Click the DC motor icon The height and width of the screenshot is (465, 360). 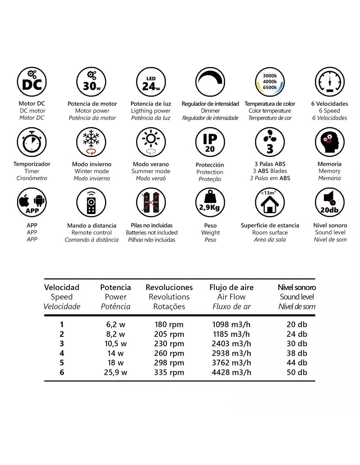(32, 82)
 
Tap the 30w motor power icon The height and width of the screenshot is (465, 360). (91, 82)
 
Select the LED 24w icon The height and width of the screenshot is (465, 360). (151, 82)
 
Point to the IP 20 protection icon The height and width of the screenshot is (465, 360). (210, 142)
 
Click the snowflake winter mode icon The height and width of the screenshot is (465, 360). (91, 142)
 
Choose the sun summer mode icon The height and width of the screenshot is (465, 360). (151, 142)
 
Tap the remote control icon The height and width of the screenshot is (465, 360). (91, 202)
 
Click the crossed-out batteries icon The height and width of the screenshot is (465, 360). (151, 202)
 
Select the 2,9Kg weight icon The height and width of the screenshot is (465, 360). (210, 202)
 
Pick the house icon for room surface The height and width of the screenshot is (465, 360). (270, 202)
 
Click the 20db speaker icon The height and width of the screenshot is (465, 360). (330, 202)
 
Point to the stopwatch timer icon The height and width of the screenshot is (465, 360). (32, 142)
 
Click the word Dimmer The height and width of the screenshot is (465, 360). (210, 111)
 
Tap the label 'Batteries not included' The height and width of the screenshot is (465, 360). (152, 232)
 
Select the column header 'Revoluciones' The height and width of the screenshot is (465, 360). (169, 287)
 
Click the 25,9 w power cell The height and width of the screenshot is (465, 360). (116, 372)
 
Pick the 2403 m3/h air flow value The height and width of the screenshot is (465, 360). (231, 344)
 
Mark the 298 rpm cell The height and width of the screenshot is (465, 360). (169, 363)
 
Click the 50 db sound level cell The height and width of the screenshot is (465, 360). (297, 372)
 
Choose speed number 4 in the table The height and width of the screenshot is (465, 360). (62, 353)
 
